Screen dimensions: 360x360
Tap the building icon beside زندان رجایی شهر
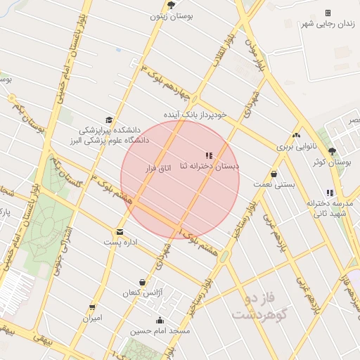[328, 13]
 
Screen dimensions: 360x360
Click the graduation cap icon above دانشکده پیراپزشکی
[108, 120]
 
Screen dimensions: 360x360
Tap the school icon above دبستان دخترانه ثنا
[208, 155]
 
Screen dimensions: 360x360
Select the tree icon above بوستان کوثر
[332, 151]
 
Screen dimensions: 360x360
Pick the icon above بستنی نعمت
[274, 174]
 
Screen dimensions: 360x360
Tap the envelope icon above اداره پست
[120, 232]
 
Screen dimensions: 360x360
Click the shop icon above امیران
[92, 308]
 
